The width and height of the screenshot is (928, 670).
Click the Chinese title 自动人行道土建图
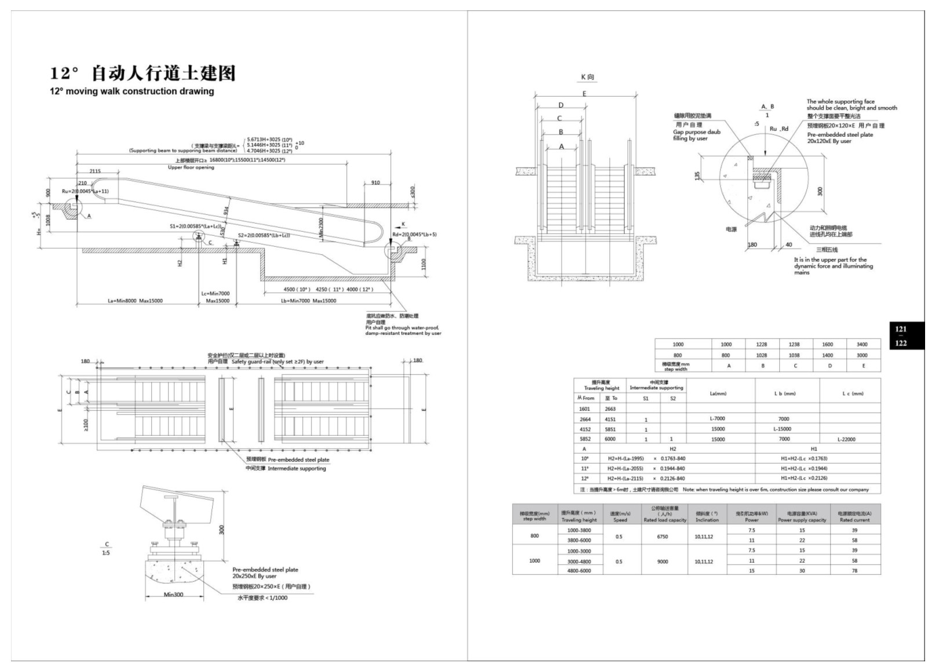tap(163, 74)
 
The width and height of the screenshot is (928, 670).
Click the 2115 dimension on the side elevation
tap(95, 171)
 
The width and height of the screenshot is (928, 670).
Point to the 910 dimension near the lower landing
tap(375, 183)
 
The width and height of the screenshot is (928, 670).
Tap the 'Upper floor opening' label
tap(191, 167)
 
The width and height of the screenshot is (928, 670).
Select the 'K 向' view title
tap(587, 77)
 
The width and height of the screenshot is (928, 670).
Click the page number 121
tap(901, 329)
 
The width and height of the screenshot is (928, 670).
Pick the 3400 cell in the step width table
tap(862, 344)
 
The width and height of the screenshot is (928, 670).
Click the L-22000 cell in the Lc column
tap(846, 439)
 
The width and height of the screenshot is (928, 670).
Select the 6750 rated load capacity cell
tap(662, 537)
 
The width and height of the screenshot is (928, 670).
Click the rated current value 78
tap(854, 571)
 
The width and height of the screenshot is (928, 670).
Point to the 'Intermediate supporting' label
tap(297, 468)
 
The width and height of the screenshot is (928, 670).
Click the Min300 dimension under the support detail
tap(173, 595)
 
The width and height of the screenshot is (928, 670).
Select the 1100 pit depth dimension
tap(423, 264)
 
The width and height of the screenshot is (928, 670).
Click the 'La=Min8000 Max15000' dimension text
tap(135, 301)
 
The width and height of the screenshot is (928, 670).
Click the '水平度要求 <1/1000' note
tap(262, 598)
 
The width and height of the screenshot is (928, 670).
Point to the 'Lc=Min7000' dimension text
tap(215, 294)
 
